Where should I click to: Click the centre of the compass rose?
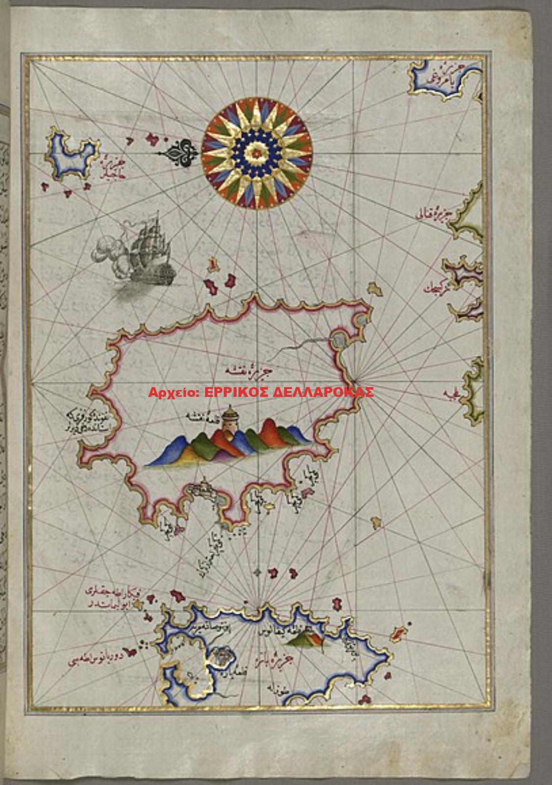pyautogui.click(x=257, y=154)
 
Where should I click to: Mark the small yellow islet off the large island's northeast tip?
pyautogui.click(x=375, y=289)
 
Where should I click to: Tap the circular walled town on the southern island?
pyautogui.click(x=221, y=655)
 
